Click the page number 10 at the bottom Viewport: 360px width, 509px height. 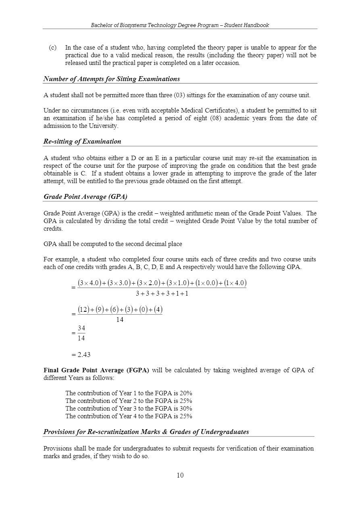[x=180, y=475]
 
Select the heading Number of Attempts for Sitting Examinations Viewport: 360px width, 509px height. [x=112, y=79]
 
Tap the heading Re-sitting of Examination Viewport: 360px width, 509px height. [x=82, y=141]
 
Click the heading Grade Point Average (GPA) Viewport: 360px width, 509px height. [x=85, y=196]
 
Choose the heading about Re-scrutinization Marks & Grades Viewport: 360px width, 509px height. [x=146, y=432]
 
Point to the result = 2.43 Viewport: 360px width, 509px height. [x=81, y=355]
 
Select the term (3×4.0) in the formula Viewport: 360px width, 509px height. [x=89, y=283]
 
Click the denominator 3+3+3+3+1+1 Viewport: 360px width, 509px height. [x=162, y=293]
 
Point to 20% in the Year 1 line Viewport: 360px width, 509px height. [x=186, y=393]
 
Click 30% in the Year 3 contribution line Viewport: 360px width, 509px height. [x=186, y=408]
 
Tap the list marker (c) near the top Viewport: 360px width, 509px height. [x=52, y=48]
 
